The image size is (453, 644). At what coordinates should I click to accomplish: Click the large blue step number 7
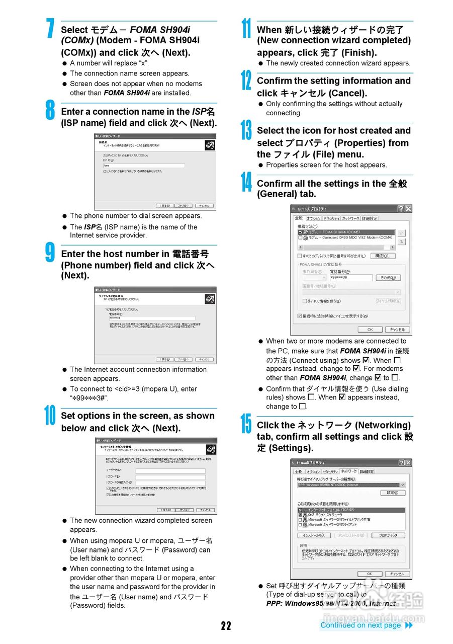point(50,29)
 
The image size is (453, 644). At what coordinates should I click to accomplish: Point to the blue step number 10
point(50,416)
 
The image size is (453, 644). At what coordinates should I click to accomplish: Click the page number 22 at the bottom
point(226,625)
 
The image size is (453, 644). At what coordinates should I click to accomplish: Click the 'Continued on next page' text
point(360,625)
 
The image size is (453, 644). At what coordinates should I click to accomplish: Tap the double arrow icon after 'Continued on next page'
point(409,625)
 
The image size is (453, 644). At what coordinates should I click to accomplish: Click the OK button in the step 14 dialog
point(370,330)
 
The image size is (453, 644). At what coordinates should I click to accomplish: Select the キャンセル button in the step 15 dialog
point(397,574)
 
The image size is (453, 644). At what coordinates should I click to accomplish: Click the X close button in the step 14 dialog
point(408,209)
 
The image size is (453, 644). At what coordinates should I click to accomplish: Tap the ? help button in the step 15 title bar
point(401,463)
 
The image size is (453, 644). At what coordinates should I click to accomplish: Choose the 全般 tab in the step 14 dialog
point(299,218)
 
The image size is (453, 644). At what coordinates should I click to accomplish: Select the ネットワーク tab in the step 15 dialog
point(349,471)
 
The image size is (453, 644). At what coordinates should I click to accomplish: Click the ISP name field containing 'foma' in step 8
point(143,166)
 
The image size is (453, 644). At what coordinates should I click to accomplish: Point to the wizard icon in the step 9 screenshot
point(210,299)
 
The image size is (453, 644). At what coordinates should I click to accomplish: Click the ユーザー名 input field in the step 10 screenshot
point(170,471)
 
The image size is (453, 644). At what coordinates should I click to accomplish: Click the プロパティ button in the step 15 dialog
point(391,535)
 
